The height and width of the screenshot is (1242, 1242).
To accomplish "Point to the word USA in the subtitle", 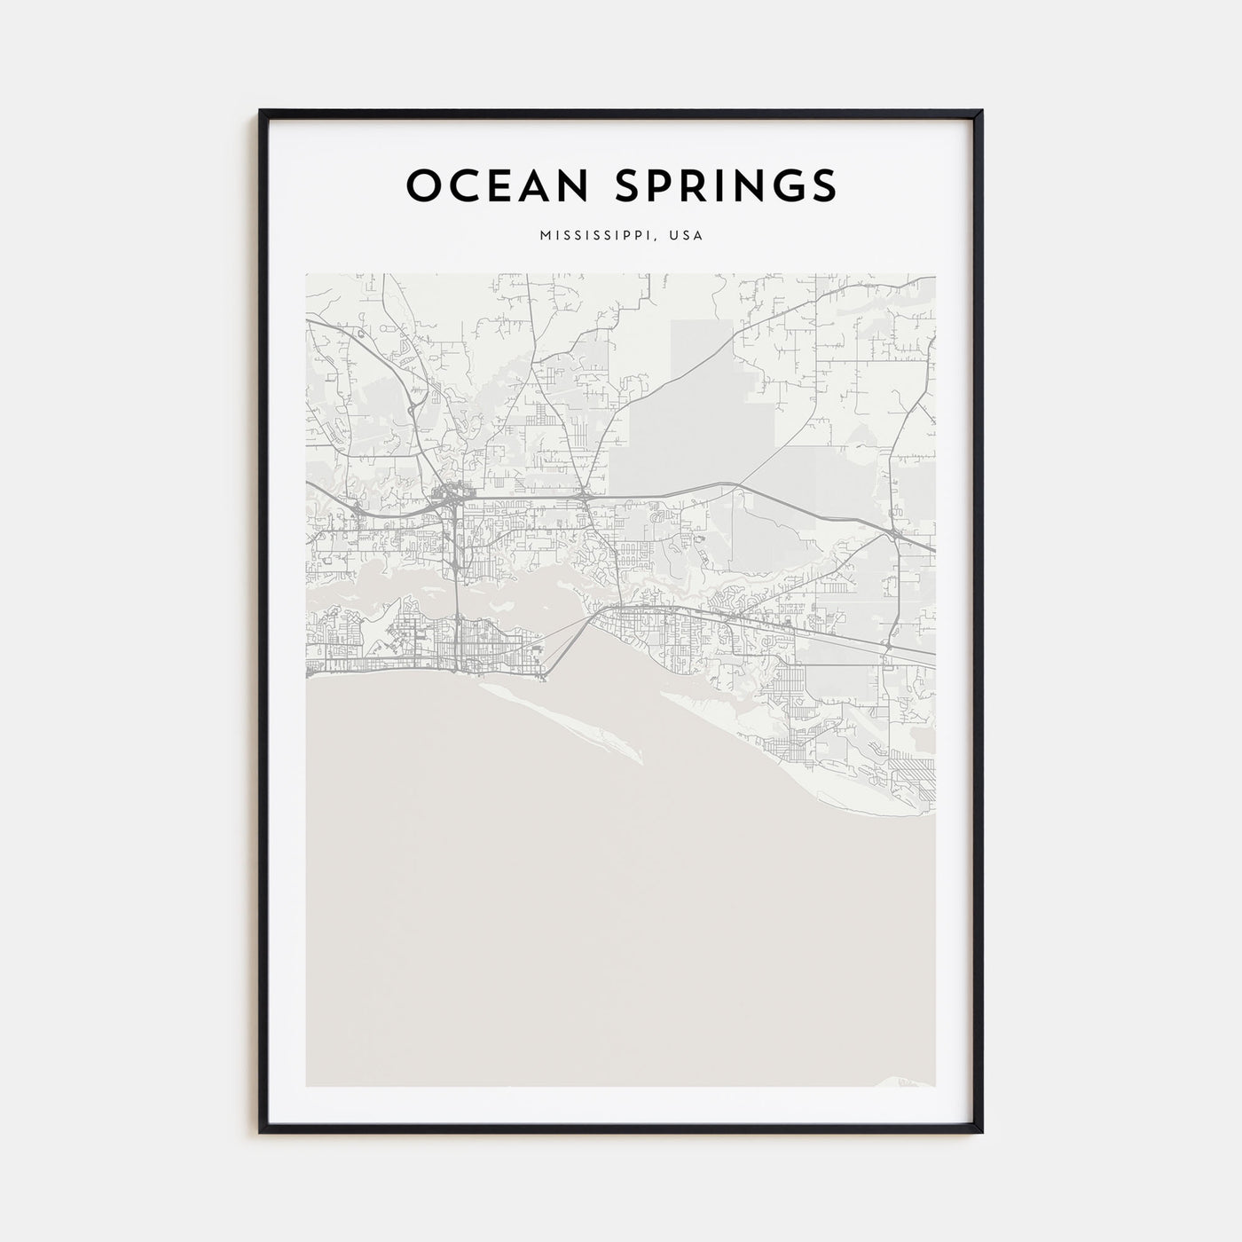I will (687, 236).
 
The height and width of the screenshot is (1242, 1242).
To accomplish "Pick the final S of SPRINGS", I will (822, 185).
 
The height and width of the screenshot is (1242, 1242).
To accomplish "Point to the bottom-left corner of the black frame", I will (261, 1132).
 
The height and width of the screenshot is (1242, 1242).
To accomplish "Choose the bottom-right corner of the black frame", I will (981, 1132).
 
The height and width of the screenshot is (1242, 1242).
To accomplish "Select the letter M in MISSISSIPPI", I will (543, 236).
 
